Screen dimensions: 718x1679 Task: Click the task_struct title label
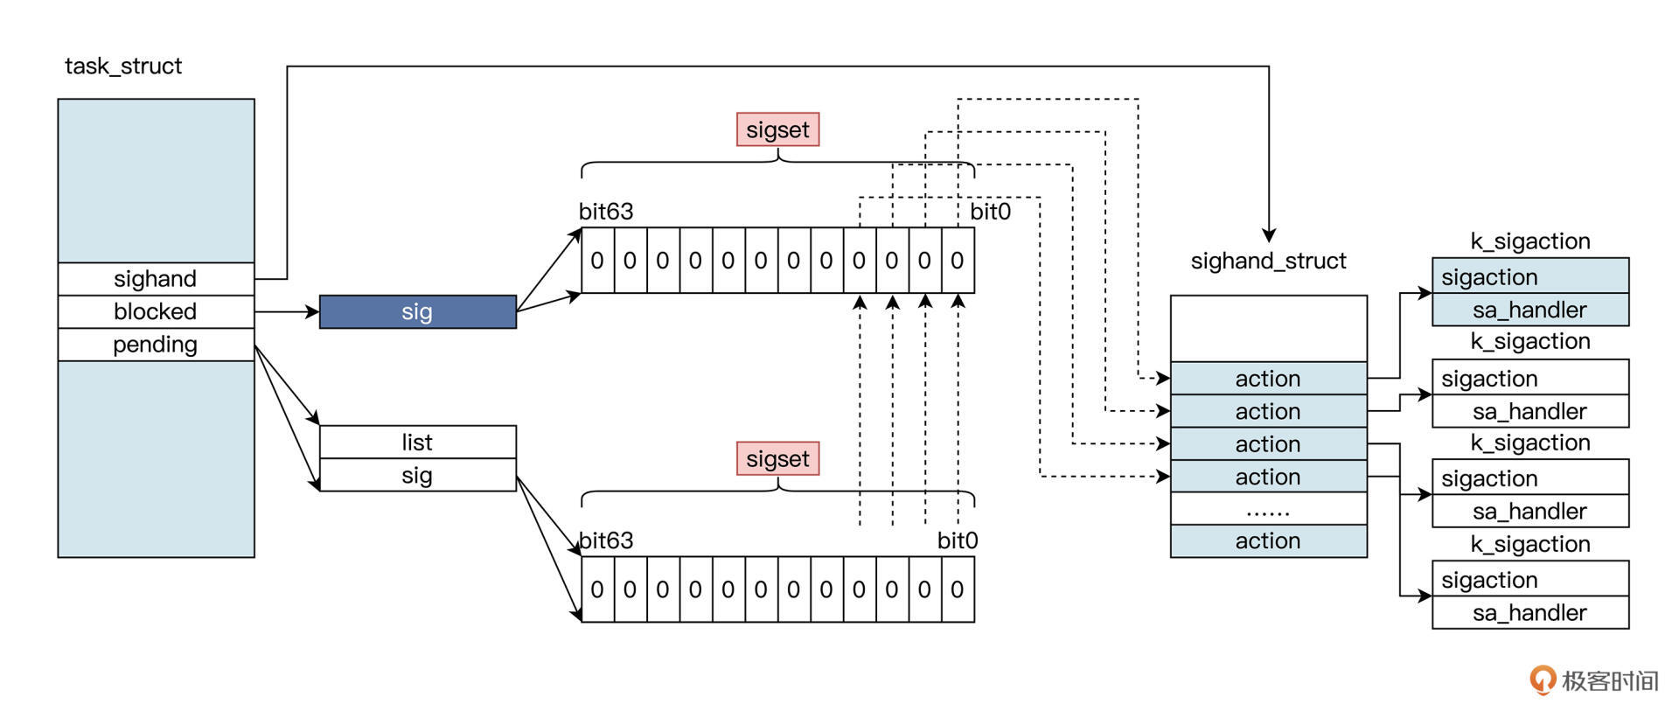tap(123, 66)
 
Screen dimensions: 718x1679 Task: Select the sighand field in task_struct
tap(156, 279)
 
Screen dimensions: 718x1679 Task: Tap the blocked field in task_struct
tap(156, 311)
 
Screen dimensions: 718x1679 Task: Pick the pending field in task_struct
tap(156, 345)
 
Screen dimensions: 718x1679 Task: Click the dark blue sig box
tap(417, 312)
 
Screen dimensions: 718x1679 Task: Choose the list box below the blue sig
tap(417, 443)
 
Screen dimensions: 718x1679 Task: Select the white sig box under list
tap(417, 476)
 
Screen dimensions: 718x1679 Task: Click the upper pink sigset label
tap(777, 129)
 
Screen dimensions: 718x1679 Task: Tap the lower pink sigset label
tap(777, 459)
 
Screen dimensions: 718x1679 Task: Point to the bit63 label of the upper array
tap(606, 212)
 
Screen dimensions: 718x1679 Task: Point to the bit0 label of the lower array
tap(958, 541)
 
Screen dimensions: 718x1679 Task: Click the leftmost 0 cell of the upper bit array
tap(597, 261)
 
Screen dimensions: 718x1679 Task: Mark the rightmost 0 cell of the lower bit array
tap(958, 590)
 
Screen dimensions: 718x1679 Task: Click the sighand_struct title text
tap(1268, 261)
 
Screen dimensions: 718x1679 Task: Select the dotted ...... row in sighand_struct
tap(1268, 509)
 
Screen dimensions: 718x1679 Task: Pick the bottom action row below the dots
tap(1268, 541)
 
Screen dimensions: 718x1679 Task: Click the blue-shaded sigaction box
tap(1529, 277)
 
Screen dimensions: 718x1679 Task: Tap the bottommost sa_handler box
tap(1529, 613)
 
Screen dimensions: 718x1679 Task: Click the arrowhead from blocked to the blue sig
tap(312, 311)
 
